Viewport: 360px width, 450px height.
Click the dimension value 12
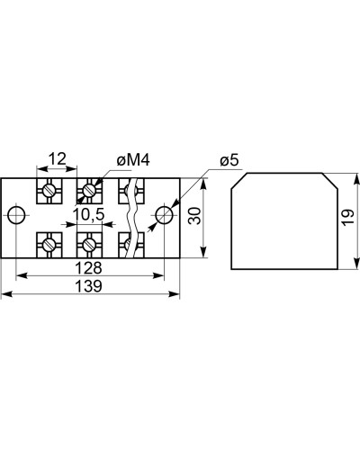(x=58, y=158)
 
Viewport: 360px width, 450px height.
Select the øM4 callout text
(x=133, y=160)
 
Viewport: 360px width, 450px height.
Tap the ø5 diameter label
(x=229, y=160)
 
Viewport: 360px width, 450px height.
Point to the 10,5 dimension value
(x=88, y=214)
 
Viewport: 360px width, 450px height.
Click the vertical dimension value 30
(x=194, y=216)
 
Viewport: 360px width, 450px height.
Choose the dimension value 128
(x=89, y=267)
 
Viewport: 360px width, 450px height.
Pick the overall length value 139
(x=89, y=286)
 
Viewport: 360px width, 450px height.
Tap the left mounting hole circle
(x=16, y=215)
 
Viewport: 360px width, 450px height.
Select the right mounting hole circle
(x=164, y=215)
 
